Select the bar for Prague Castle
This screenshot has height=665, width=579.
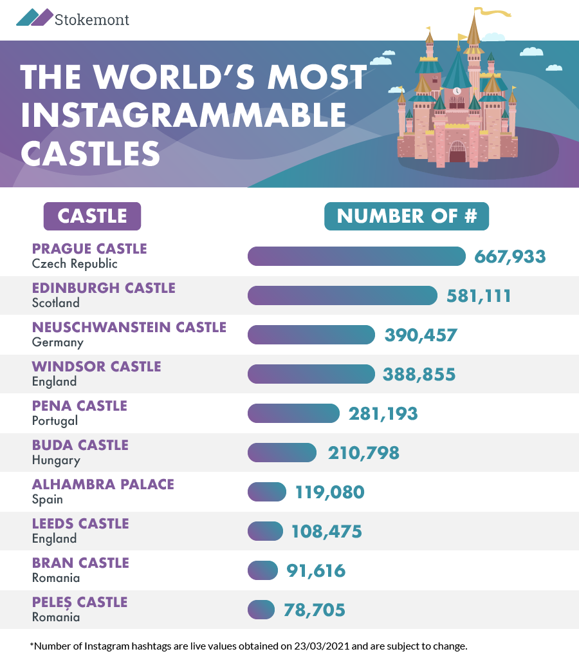[x=356, y=256]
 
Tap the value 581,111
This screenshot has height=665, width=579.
[x=479, y=296]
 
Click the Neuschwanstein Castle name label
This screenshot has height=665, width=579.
[x=129, y=327]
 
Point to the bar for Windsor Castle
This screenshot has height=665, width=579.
[x=311, y=374]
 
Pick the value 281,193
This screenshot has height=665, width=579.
[x=383, y=414]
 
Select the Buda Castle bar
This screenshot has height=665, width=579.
[x=282, y=453]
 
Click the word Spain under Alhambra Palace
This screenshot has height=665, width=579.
[x=47, y=499]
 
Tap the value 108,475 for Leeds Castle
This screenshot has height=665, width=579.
[x=326, y=532]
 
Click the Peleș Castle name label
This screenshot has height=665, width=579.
[x=80, y=603]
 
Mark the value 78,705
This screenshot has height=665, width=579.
[x=315, y=610]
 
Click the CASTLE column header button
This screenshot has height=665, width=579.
[x=92, y=216]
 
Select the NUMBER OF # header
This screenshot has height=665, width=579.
[x=407, y=216]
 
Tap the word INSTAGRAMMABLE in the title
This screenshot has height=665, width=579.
[x=183, y=115]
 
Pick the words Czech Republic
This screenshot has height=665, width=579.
[x=75, y=264]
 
